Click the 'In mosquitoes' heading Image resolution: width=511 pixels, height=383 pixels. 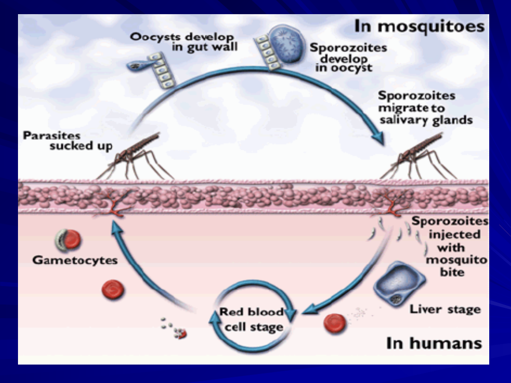point(419,26)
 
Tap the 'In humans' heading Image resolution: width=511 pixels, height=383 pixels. point(433,343)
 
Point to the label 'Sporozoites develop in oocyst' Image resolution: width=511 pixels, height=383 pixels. point(348,58)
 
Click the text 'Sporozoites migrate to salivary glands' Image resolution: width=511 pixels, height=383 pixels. point(425,108)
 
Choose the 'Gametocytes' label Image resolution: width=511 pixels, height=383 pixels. point(75,260)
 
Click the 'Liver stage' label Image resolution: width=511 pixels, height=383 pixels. point(445,310)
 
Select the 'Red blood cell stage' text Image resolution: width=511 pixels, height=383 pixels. point(252,319)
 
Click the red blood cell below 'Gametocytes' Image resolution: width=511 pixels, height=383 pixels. point(113,289)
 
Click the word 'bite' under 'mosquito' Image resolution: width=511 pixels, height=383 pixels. point(452,272)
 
